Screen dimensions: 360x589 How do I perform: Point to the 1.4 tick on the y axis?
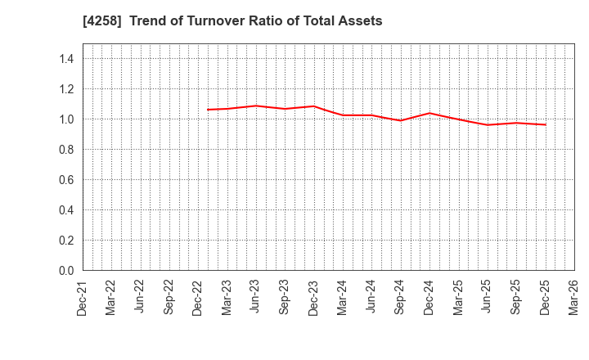(66, 59)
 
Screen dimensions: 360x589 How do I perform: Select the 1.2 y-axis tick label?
(66, 89)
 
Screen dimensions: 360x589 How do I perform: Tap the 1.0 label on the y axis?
(66, 119)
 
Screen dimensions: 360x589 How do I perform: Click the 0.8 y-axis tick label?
(66, 150)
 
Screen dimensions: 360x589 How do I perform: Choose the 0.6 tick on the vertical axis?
(66, 180)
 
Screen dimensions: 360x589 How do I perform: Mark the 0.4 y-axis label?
(66, 210)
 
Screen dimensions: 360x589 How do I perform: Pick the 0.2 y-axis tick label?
(66, 241)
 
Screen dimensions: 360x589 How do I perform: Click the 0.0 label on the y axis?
(66, 271)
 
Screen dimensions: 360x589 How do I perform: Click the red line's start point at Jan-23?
(208, 110)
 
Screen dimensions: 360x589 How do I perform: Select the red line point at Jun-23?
(256, 106)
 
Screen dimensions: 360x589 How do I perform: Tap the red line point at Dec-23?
(314, 106)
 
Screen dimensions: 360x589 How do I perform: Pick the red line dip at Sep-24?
(401, 120)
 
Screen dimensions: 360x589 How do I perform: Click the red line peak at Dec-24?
(429, 113)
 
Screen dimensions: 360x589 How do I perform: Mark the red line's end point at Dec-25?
(546, 124)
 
